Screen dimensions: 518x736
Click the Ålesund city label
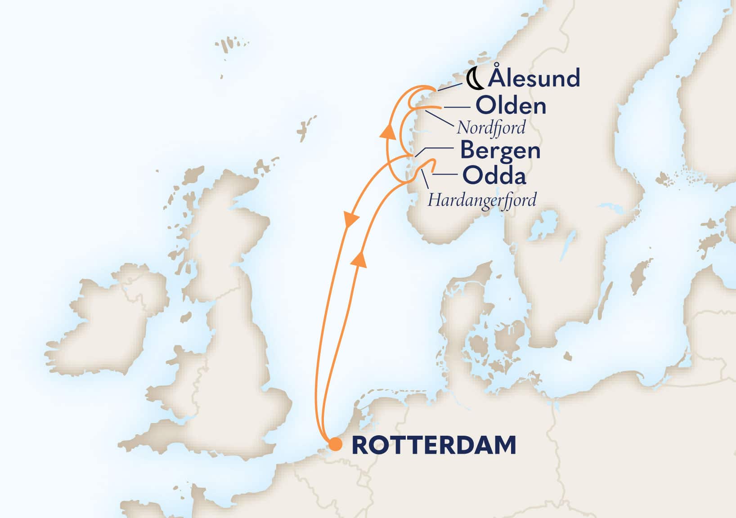534,78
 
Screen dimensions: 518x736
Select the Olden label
511,106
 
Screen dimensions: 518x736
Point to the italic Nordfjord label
491,128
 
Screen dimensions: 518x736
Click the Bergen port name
500,150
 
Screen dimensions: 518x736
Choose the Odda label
494,176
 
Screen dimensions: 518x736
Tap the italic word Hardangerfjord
482,200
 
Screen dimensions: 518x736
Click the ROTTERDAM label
434,445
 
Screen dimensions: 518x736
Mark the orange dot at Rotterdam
335,444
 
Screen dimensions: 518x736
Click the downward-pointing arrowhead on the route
351,219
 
